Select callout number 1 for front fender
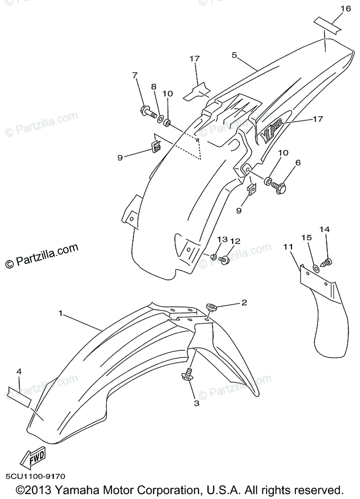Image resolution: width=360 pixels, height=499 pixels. [61, 313]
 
